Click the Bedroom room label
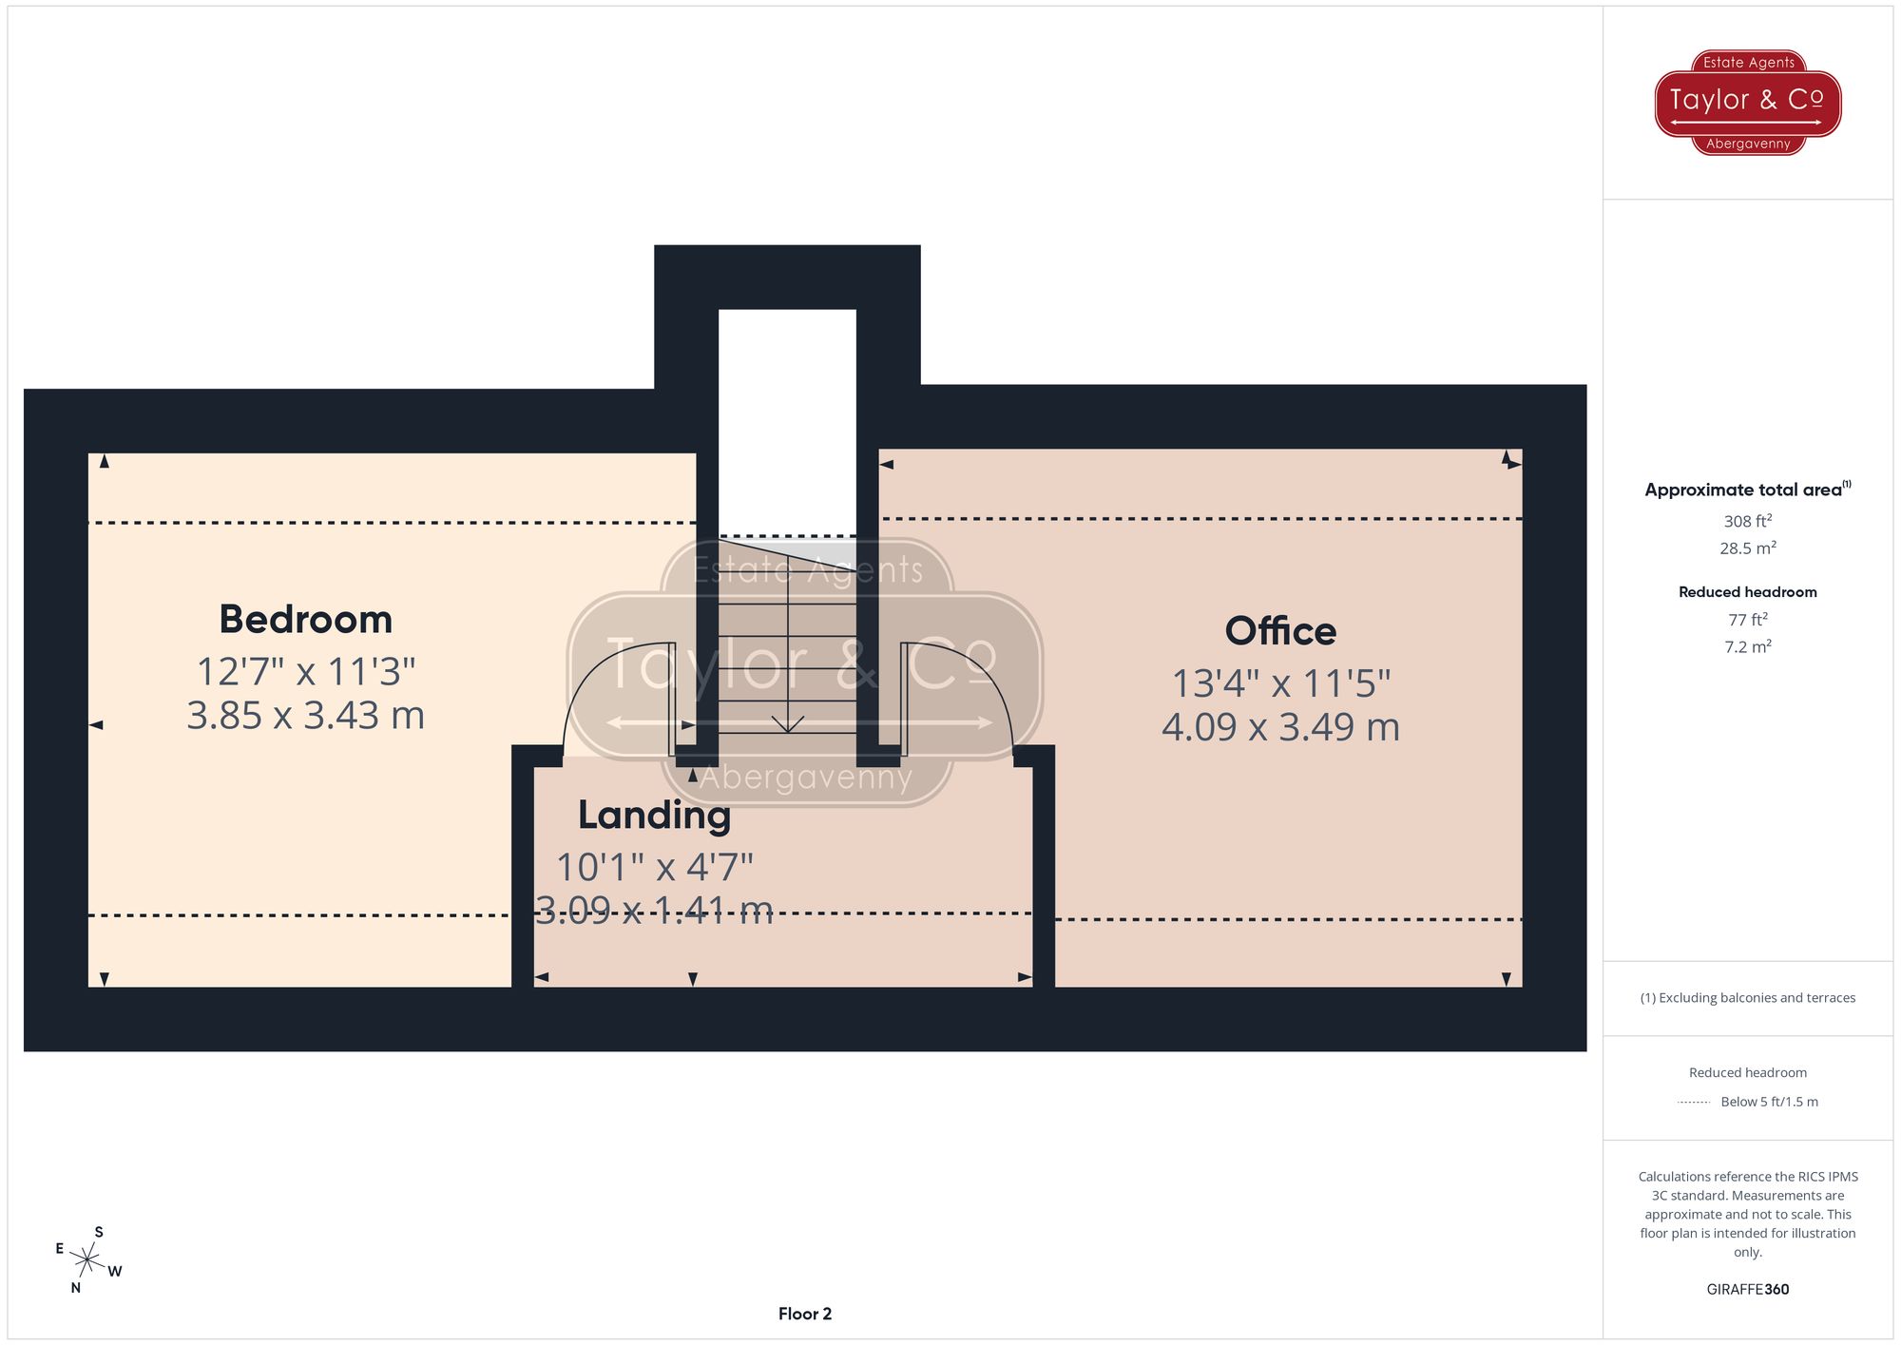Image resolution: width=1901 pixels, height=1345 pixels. [305, 620]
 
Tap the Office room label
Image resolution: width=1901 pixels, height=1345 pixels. [1279, 631]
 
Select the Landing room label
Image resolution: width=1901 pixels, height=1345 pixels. [654, 816]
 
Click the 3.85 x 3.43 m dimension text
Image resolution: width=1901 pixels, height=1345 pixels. [305, 716]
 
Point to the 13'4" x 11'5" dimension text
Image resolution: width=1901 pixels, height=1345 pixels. [1280, 683]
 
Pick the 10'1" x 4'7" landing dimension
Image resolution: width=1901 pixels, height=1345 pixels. [654, 867]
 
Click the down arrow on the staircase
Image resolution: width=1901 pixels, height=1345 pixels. [787, 721]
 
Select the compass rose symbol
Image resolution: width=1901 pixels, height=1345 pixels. [87, 1261]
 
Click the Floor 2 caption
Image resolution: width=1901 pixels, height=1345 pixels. [804, 1314]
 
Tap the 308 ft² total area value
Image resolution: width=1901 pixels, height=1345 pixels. [1747, 521]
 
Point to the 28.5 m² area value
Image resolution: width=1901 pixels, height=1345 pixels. [1747, 548]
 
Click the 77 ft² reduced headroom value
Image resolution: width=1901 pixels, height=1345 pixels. [1747, 620]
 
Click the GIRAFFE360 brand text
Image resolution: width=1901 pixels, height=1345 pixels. [1747, 1290]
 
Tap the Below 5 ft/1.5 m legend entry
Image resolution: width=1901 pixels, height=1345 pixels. [1768, 1102]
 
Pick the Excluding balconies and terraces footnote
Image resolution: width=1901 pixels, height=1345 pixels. [1747, 998]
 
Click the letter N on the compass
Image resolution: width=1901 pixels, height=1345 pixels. [76, 1288]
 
